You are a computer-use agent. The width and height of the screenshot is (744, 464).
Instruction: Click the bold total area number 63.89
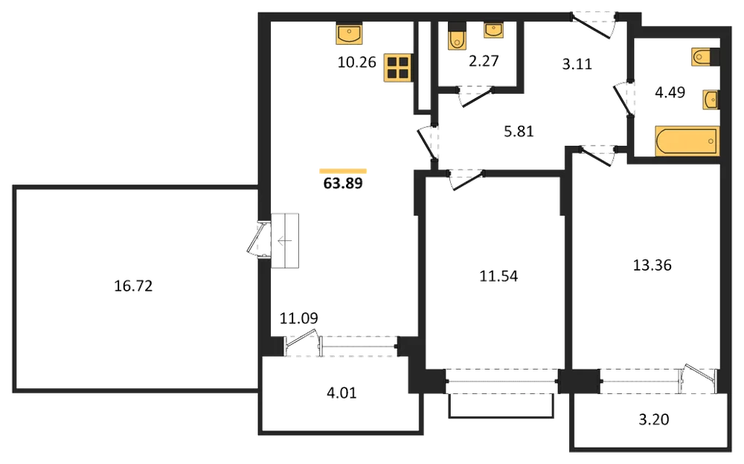click(x=342, y=183)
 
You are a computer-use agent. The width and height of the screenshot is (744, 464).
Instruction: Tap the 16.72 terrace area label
click(x=133, y=286)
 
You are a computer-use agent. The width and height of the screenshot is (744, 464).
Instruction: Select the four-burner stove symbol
click(x=398, y=67)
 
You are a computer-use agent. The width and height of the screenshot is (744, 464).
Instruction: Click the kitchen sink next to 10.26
click(x=349, y=33)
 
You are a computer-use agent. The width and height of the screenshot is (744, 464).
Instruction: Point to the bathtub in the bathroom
click(x=687, y=141)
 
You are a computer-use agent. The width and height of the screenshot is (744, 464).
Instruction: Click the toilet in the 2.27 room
click(x=457, y=36)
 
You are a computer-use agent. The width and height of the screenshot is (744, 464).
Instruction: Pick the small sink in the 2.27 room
click(x=493, y=30)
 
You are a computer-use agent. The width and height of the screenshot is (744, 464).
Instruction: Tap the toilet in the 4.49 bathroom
click(x=705, y=57)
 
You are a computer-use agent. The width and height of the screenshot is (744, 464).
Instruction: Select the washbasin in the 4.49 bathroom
click(x=711, y=100)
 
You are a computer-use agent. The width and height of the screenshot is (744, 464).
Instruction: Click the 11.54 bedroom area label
click(x=498, y=276)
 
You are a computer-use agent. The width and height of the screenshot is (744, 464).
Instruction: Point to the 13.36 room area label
click(x=652, y=265)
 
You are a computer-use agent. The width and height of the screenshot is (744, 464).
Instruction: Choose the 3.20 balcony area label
click(x=654, y=419)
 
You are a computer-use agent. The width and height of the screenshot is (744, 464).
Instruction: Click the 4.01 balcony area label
click(x=341, y=393)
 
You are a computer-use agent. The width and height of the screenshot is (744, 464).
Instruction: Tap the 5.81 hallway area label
click(x=519, y=131)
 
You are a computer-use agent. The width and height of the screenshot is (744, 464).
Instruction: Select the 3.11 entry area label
click(x=577, y=63)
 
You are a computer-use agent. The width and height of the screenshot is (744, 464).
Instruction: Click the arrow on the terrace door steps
click(x=285, y=241)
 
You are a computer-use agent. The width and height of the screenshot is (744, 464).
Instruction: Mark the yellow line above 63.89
click(x=342, y=171)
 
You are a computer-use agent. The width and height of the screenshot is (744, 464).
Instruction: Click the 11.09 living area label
click(x=298, y=318)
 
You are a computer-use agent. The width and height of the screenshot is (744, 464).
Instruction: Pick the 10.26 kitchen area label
click(x=357, y=62)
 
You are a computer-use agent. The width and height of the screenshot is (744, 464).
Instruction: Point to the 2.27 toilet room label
click(x=484, y=61)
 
